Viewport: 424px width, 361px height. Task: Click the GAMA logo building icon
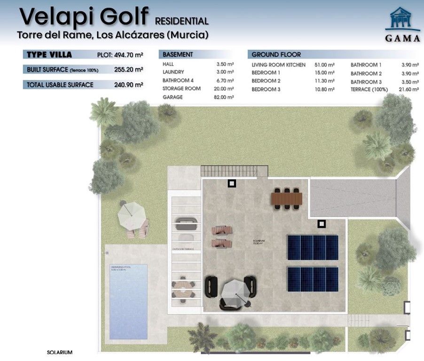(x=402, y=19)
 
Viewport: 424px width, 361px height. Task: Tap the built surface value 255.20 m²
(x=128, y=70)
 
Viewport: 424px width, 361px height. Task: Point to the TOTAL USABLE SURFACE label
(x=60, y=85)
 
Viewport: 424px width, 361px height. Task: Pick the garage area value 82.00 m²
(x=225, y=97)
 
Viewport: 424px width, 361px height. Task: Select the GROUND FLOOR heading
(x=276, y=55)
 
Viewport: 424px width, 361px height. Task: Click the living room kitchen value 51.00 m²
(x=324, y=65)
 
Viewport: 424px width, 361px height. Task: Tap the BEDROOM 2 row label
(x=266, y=81)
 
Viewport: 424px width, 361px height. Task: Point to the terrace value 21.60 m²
(x=409, y=89)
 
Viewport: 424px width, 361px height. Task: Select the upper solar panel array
(x=313, y=247)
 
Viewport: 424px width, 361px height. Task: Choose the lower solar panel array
(x=313, y=279)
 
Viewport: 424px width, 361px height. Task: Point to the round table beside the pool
(x=183, y=288)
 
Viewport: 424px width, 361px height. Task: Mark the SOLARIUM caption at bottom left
(x=60, y=352)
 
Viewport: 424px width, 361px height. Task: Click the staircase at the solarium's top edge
(x=234, y=171)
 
